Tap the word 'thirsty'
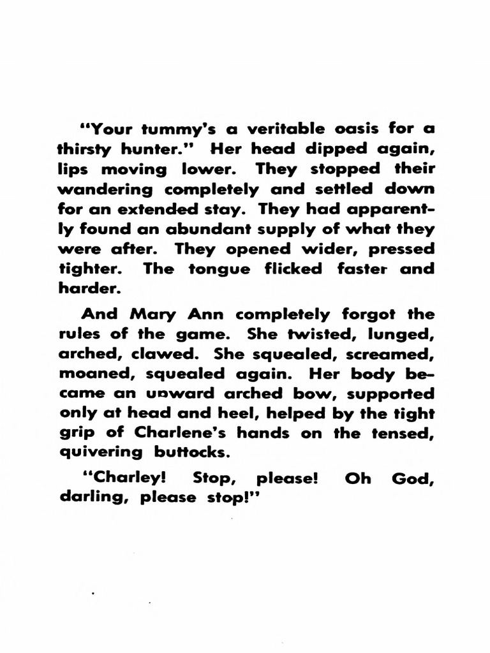coord(89,149)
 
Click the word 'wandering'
coord(105,189)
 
